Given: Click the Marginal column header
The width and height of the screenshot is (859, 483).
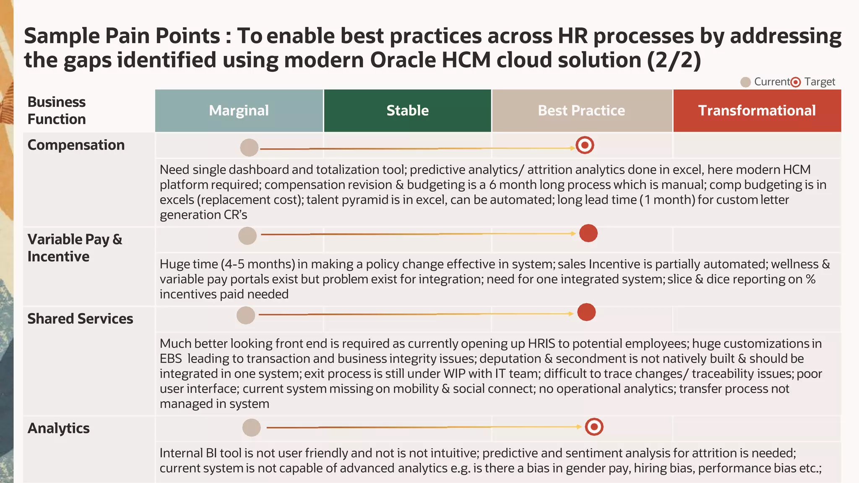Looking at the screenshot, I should (239, 111).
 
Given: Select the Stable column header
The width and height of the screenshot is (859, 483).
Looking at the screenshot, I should (407, 111).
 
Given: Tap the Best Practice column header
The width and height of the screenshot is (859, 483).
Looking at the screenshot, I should (582, 111).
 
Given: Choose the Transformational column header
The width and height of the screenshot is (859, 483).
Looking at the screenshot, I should (757, 111).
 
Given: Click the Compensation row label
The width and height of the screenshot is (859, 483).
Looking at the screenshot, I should (76, 145).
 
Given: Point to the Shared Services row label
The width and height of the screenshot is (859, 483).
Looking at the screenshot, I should (80, 319).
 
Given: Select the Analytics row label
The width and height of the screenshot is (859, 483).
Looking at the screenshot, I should (59, 428).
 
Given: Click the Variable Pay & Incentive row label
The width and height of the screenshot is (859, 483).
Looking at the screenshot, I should (75, 248).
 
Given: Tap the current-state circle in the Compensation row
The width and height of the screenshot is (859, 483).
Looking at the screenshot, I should (249, 148).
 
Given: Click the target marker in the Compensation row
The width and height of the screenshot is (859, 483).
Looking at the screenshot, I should (585, 145).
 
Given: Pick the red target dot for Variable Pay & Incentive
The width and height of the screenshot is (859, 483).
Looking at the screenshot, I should (588, 233).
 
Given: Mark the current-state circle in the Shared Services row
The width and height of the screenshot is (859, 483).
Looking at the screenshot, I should (246, 315).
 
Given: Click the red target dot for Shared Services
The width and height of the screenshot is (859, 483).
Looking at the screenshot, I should (586, 312).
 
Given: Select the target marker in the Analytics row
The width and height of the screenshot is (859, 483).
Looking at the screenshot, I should (594, 427).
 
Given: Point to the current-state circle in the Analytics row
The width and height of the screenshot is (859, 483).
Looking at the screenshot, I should (252, 428).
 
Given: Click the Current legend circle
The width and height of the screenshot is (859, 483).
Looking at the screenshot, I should (745, 82).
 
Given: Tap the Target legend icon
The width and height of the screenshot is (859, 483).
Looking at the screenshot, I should (796, 82).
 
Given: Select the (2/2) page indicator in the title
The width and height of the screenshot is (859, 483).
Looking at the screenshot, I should (674, 60).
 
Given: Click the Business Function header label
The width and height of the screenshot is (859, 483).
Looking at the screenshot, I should (57, 111).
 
